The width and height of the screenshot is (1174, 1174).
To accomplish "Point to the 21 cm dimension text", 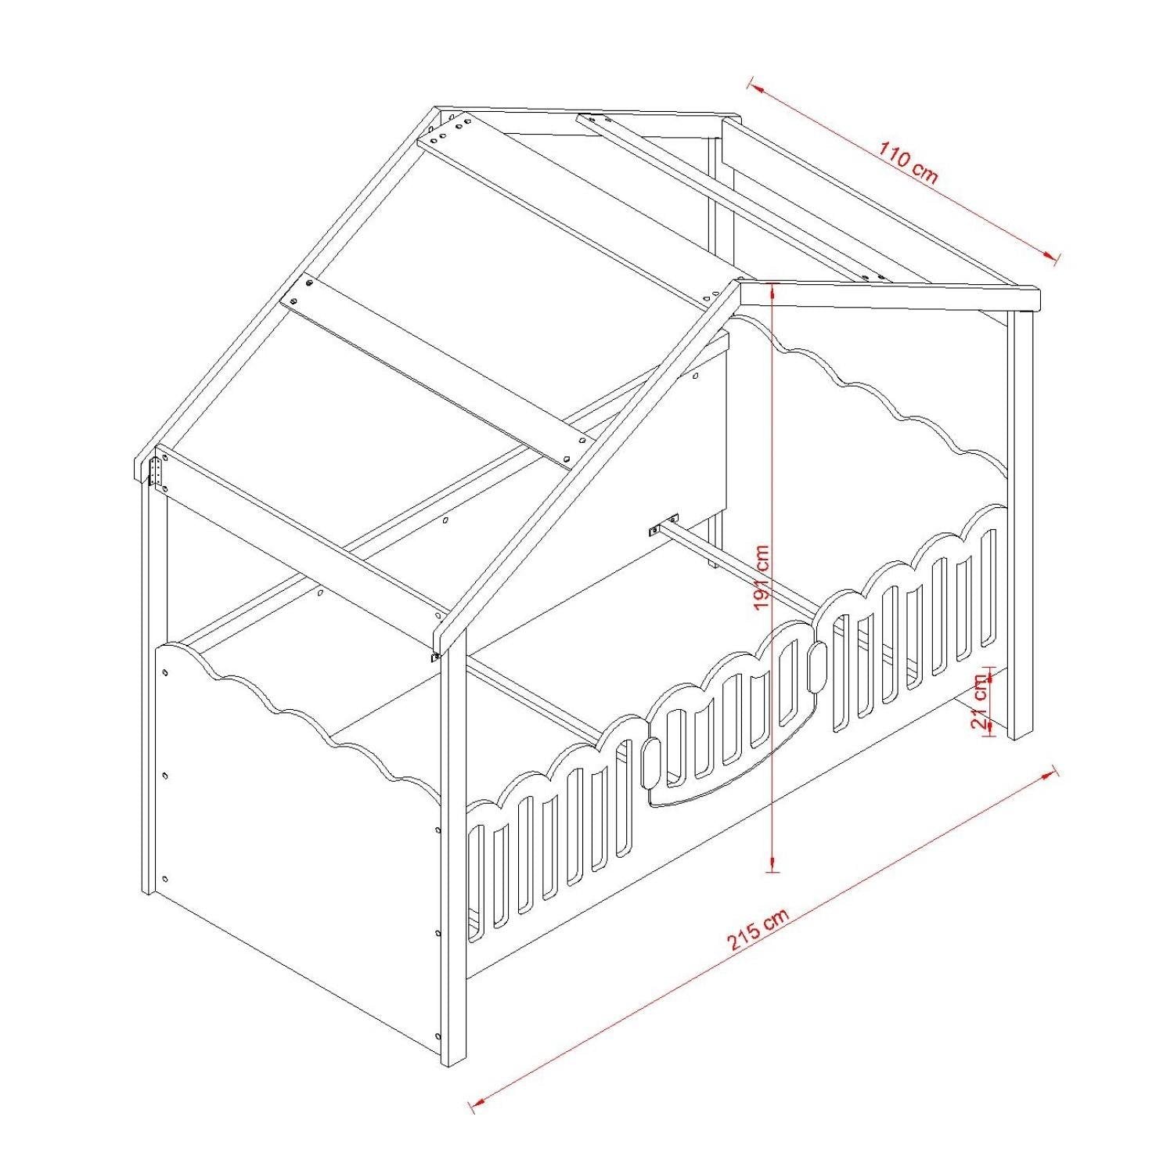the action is (x=979, y=700).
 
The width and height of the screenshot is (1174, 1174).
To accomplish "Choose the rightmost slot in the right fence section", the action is (x=989, y=588).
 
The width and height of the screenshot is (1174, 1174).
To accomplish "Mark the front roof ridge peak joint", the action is (x=740, y=284).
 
